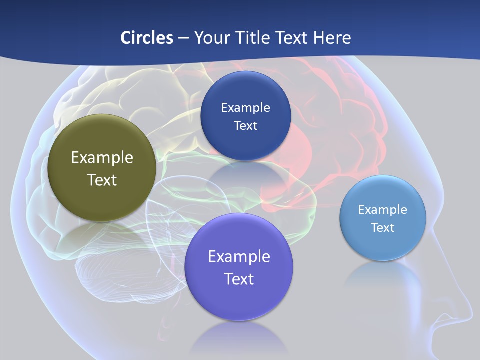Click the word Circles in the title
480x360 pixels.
146,38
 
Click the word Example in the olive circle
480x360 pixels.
102,158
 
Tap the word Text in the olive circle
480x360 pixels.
102,180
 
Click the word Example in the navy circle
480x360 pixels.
245,108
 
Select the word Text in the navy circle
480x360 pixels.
245,125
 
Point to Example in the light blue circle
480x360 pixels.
383,210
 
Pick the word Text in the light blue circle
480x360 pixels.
383,228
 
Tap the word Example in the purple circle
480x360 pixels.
239,257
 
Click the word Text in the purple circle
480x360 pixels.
239,279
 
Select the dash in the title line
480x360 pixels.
183,38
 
